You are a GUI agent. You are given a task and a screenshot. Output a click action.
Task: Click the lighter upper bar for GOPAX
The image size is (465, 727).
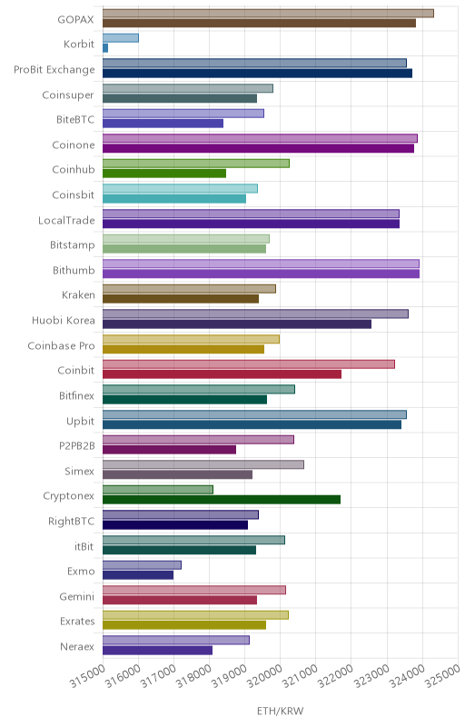pyautogui.click(x=268, y=14)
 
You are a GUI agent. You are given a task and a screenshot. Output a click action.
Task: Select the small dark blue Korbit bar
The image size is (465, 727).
pyautogui.click(x=105, y=48)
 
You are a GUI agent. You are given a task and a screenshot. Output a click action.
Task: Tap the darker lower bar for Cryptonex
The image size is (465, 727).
pyautogui.click(x=222, y=499)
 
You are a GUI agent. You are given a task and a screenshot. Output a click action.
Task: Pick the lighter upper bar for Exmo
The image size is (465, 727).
pyautogui.click(x=142, y=564)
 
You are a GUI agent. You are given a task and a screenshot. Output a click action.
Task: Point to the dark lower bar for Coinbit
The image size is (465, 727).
pyautogui.click(x=222, y=374)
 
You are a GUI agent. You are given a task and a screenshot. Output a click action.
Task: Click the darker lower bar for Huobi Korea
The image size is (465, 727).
pyautogui.click(x=237, y=324)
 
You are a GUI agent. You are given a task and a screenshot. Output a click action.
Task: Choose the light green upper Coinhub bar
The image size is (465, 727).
pyautogui.click(x=196, y=164)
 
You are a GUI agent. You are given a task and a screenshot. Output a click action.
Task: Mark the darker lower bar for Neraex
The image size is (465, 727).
pyautogui.click(x=157, y=651)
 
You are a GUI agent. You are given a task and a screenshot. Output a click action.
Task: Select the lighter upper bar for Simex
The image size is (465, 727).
pyautogui.click(x=203, y=464)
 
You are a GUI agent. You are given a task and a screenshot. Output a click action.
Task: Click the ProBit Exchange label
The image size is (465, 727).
pyautogui.click(x=54, y=70)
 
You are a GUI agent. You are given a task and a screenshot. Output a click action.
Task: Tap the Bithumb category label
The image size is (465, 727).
pyautogui.click(x=74, y=270)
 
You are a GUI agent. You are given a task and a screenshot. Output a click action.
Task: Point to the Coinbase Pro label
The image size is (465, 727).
pyautogui.click(x=61, y=346)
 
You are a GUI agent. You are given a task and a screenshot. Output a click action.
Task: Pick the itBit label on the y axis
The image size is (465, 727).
pyautogui.click(x=84, y=547)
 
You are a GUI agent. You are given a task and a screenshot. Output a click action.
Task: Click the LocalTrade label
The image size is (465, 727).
pyautogui.click(x=66, y=220)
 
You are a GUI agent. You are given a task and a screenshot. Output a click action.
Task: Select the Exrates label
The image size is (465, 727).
pyautogui.click(x=77, y=622)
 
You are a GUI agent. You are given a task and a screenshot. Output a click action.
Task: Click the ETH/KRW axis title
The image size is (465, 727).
pyautogui.click(x=281, y=711)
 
